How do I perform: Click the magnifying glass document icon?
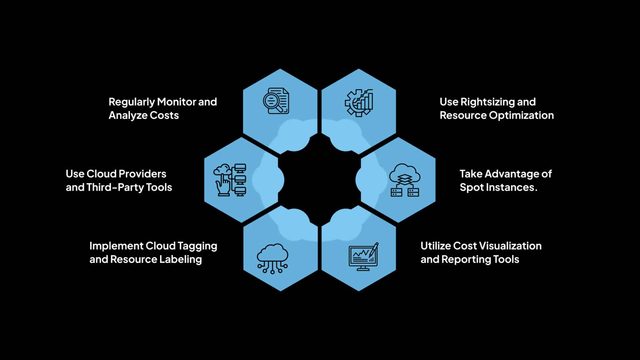click(276, 101)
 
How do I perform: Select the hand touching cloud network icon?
click(230, 180)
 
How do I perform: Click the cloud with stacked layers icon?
click(405, 180)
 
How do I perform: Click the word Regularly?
click(131, 102)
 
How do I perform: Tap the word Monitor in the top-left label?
click(176, 102)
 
